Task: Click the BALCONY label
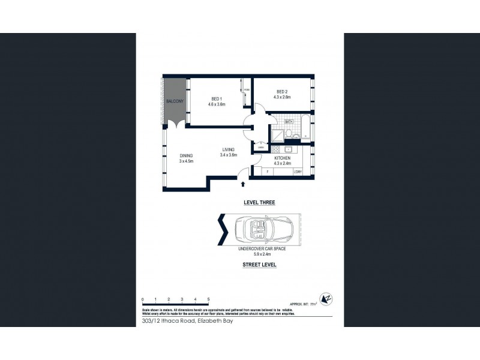point(175,101)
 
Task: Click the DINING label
point(186,156)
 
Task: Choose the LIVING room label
point(228,149)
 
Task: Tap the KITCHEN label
point(282,158)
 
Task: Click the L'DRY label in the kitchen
point(298,172)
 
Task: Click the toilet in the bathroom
point(289,133)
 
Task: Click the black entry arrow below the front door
point(242,185)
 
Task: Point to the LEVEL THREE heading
point(259,203)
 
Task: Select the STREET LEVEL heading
point(259,265)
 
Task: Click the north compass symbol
point(327,298)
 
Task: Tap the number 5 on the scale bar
point(208,298)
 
